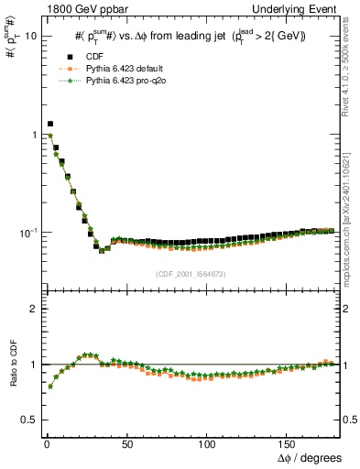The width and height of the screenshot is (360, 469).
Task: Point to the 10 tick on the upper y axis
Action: point(30,36)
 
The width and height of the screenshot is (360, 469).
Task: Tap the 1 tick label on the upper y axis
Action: point(33,135)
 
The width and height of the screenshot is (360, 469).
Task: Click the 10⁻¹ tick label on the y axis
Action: point(28,233)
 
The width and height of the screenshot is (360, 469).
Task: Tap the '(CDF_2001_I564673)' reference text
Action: point(191,274)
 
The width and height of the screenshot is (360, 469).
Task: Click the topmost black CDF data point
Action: point(50,124)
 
